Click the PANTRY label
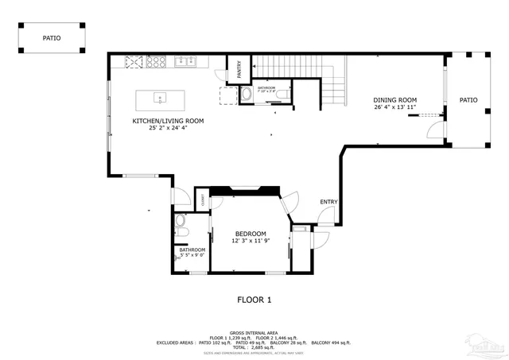pyautogui.click(x=240, y=70)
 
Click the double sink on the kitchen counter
pyautogui.click(x=186, y=60)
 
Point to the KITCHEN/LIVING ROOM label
pyautogui.click(x=168, y=121)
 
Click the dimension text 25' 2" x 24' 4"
pyautogui.click(x=168, y=129)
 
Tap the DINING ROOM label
pyautogui.click(x=395, y=100)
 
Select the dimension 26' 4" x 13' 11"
pyautogui.click(x=395, y=108)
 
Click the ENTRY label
pyautogui.click(x=328, y=202)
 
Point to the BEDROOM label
pyautogui.click(x=251, y=233)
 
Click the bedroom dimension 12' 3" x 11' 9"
pyautogui.click(x=251, y=241)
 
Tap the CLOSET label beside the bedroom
pyautogui.click(x=202, y=202)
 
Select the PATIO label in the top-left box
pyautogui.click(x=51, y=37)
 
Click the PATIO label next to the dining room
pyautogui.click(x=468, y=100)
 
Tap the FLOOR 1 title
pyautogui.click(x=254, y=300)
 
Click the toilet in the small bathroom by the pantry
pyautogui.click(x=246, y=95)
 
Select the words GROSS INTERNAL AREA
pyautogui.click(x=254, y=332)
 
